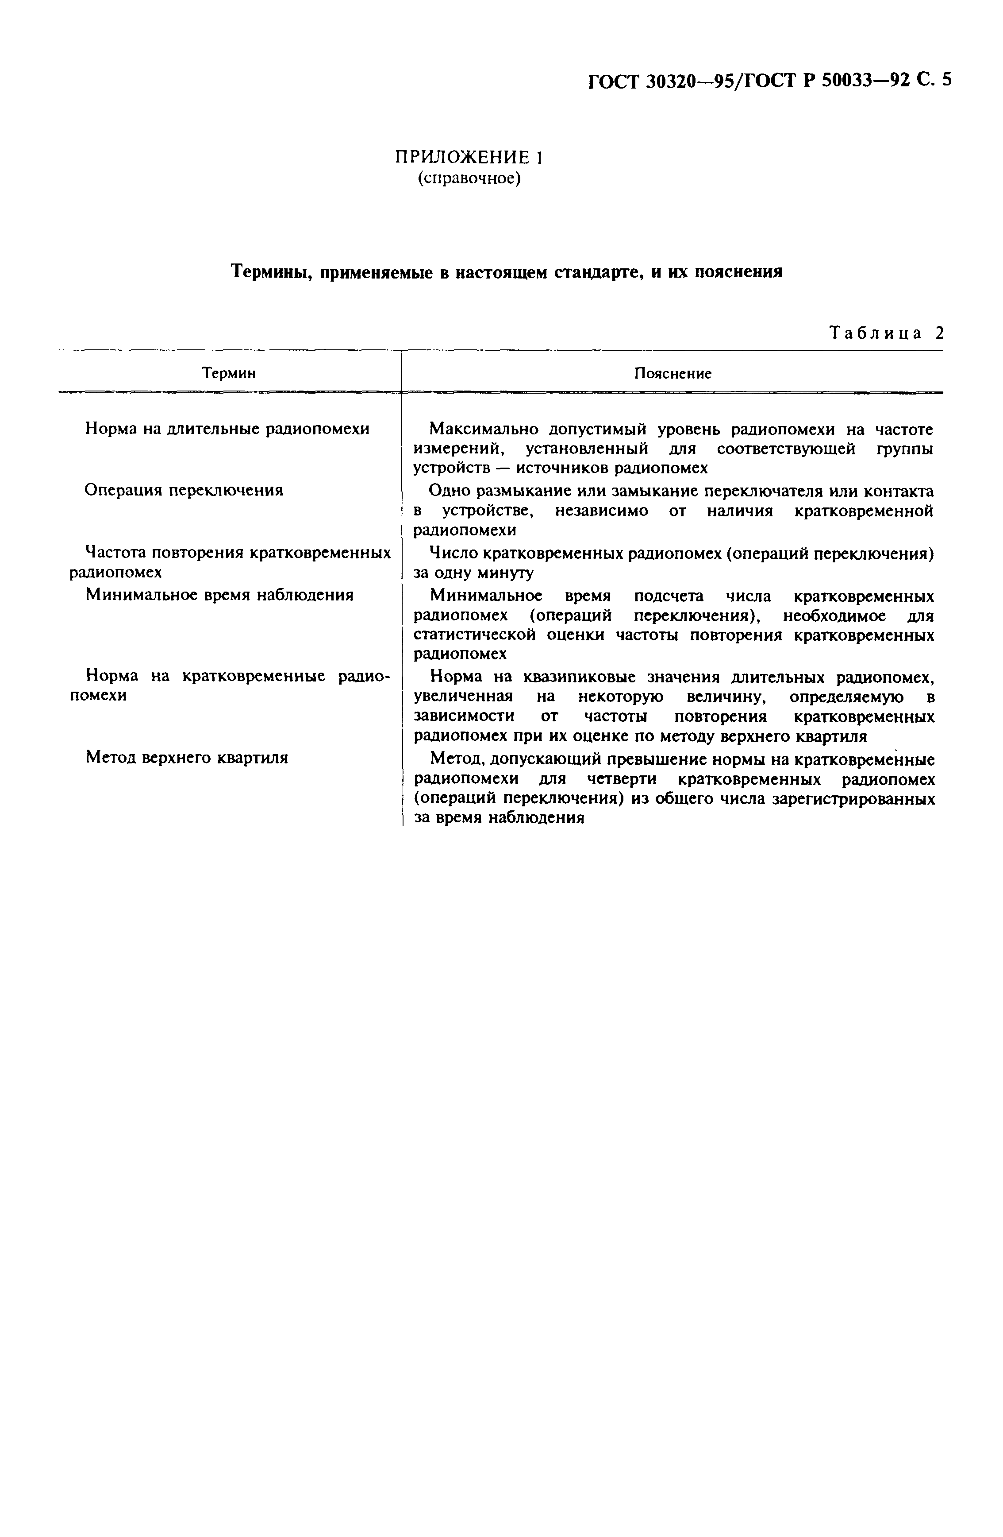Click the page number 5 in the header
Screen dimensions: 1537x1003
(x=946, y=80)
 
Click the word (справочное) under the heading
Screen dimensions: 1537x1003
(x=469, y=178)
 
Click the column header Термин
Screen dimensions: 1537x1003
(x=229, y=373)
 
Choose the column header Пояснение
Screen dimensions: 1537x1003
(x=673, y=373)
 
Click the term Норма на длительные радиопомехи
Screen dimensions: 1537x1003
(x=227, y=429)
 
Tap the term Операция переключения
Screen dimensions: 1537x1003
(x=184, y=490)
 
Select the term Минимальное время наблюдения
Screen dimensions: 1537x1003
(x=219, y=595)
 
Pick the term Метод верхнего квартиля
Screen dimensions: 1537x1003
(x=187, y=758)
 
